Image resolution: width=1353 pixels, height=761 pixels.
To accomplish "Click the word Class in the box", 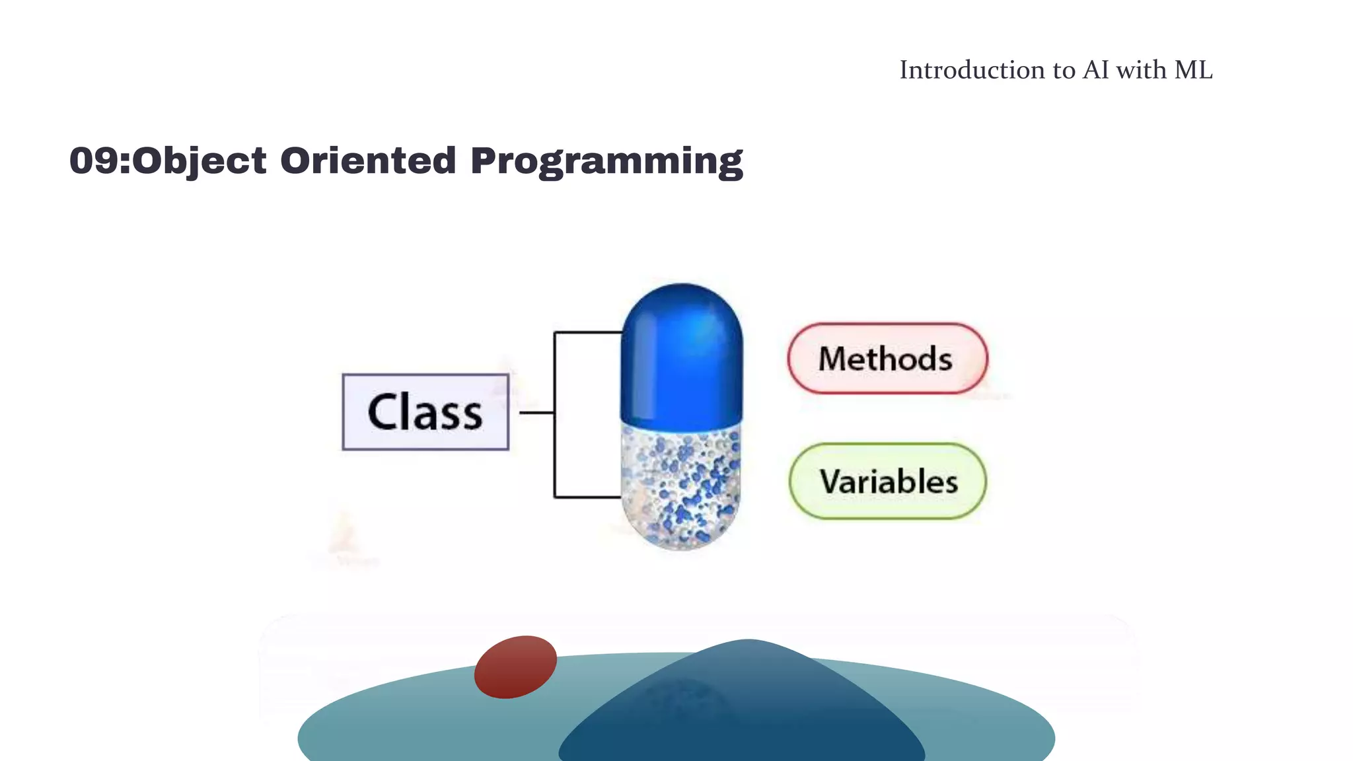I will click(x=425, y=412).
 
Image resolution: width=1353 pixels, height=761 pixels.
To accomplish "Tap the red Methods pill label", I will click(x=887, y=359).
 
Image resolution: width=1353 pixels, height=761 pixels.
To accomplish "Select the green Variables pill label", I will click(x=888, y=482).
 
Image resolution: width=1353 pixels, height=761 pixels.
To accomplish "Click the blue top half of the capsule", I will click(x=682, y=357).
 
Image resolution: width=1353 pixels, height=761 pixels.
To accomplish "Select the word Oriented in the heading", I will click(x=368, y=161).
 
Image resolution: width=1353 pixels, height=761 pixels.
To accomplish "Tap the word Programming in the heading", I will click(x=606, y=162).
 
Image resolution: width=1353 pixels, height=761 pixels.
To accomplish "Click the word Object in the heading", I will click(x=200, y=162).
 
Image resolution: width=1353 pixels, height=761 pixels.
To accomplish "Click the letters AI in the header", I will click(x=1096, y=70).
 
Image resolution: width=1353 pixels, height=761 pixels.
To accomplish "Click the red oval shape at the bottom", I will click(x=515, y=667).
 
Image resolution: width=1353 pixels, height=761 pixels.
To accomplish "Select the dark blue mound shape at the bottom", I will click(x=743, y=713).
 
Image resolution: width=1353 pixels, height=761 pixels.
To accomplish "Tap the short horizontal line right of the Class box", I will click(x=536, y=413).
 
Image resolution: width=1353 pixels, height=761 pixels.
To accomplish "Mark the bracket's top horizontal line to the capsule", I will click(x=588, y=332).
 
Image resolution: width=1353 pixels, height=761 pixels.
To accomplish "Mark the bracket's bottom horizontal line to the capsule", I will click(x=588, y=497).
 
